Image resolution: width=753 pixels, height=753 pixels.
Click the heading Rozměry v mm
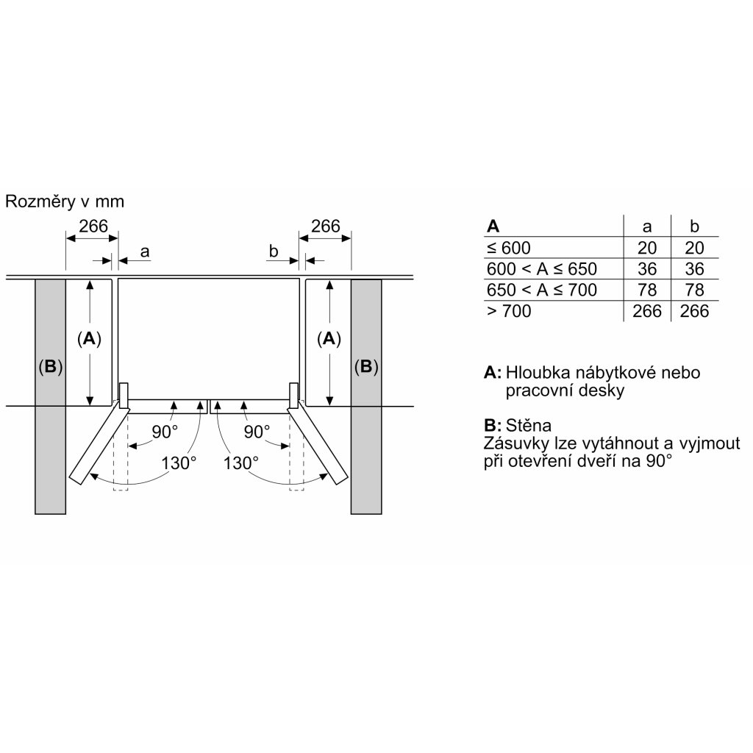tap(65, 201)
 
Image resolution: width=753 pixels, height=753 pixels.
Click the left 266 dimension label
tap(93, 226)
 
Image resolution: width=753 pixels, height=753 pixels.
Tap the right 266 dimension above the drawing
tap(326, 226)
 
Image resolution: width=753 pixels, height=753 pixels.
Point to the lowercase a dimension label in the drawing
tap(145, 251)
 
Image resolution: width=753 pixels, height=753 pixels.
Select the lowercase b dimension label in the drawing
tap(274, 251)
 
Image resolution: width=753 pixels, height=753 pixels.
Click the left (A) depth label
tap(89, 338)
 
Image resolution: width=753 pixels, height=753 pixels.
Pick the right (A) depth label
tap(329, 338)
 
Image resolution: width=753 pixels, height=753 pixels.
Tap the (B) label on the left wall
tap(50, 366)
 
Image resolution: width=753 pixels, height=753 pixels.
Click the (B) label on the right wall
tap(365, 366)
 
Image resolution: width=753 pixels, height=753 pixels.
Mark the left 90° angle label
tap(165, 432)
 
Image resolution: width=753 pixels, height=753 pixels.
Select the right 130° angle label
tap(242, 463)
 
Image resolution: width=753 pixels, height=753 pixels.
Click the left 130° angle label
tap(179, 463)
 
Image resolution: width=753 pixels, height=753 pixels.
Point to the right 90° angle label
tap(257, 432)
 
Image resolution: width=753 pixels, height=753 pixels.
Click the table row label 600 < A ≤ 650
tap(542, 268)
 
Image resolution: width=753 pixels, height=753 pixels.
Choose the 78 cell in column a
tap(647, 290)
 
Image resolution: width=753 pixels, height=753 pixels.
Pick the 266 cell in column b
tap(694, 311)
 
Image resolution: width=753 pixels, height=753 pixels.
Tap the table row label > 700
tap(509, 311)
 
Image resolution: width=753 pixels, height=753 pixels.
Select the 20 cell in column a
tap(647, 248)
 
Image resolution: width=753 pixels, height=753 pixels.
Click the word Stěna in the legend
tap(528, 426)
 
